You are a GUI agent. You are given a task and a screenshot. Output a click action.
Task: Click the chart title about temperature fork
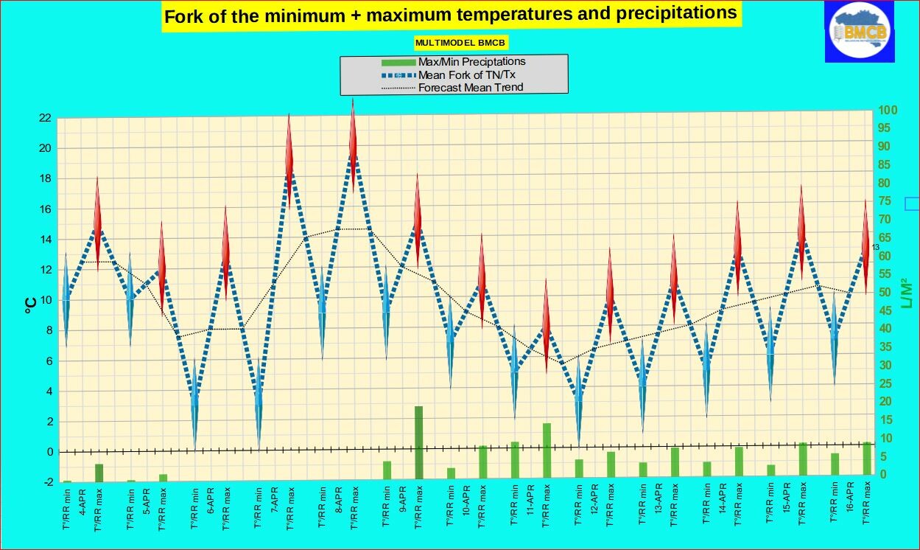[450, 15]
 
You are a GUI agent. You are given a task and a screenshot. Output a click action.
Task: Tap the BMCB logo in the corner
[860, 32]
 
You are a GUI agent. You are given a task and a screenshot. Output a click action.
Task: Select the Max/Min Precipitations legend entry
[471, 61]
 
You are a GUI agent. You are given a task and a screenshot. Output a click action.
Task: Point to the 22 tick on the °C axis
[44, 118]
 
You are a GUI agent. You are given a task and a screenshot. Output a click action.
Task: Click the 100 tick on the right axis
[888, 111]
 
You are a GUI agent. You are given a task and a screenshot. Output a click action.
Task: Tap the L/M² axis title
[906, 293]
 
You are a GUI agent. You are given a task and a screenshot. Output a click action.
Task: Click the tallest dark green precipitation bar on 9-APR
[418, 442]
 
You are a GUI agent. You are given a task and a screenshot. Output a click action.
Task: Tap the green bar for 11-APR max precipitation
[547, 450]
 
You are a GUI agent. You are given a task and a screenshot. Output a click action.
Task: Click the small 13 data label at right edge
[876, 247]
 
